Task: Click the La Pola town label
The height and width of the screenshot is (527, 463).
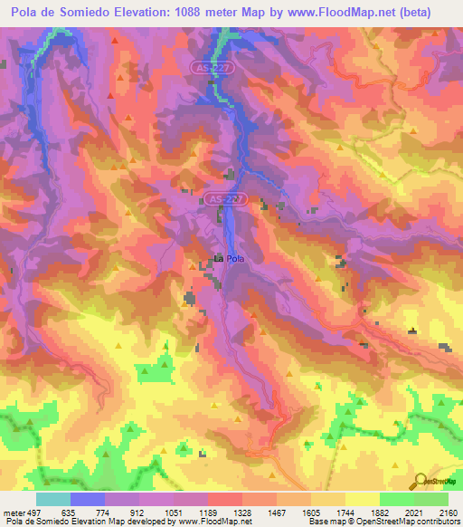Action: [229, 260]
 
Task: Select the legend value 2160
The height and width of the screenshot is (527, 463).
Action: [449, 512]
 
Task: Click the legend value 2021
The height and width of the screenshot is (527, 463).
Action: [415, 512]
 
